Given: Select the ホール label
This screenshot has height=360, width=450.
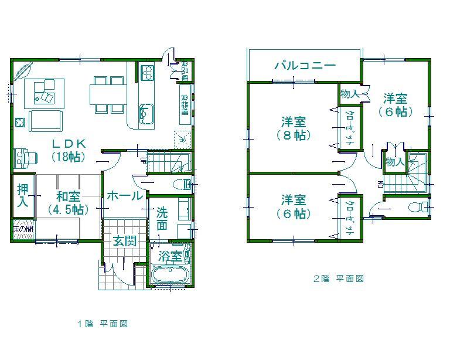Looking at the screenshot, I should point(124,196).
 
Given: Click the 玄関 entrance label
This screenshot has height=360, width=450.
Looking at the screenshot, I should point(124,240).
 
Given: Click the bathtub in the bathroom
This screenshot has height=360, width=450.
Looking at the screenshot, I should point(170,274).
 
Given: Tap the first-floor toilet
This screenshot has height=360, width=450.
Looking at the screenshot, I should point(186,184).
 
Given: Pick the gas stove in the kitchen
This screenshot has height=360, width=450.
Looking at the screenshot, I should point(146,73).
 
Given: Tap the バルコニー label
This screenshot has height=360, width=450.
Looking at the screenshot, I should point(305,65).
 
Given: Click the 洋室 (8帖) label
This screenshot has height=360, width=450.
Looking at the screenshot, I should point(294,128).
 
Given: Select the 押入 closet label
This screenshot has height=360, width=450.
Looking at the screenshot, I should point(22,196).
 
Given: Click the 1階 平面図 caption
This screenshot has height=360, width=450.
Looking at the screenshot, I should point(103,324).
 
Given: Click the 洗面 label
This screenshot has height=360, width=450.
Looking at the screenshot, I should point(162,219).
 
